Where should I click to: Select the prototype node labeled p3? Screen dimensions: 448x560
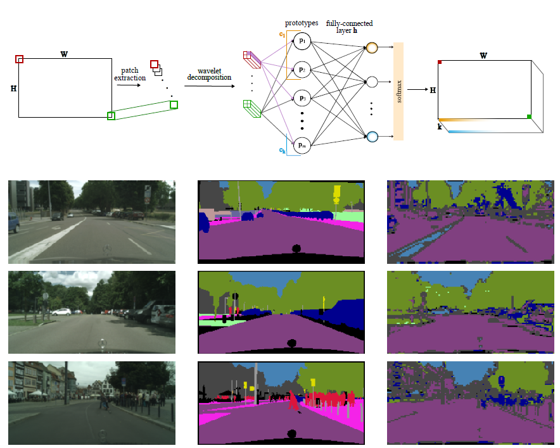pos(302,98)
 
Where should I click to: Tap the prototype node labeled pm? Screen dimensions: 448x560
pos(302,146)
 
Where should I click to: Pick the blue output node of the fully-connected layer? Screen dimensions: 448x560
pos(372,135)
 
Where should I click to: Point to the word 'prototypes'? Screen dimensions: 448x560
pos(301,23)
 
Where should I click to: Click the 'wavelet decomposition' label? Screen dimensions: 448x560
pos(208,73)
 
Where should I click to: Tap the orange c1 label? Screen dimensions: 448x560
pos(282,34)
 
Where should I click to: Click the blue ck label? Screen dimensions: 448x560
pos(282,150)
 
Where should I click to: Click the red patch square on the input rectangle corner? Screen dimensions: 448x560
pos(20,59)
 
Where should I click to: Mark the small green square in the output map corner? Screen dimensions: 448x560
pos(529,116)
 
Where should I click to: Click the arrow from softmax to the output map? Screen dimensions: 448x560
pos(416,90)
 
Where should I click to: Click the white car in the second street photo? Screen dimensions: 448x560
pos(61,311)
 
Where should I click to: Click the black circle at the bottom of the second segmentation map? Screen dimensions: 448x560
pos(291,343)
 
